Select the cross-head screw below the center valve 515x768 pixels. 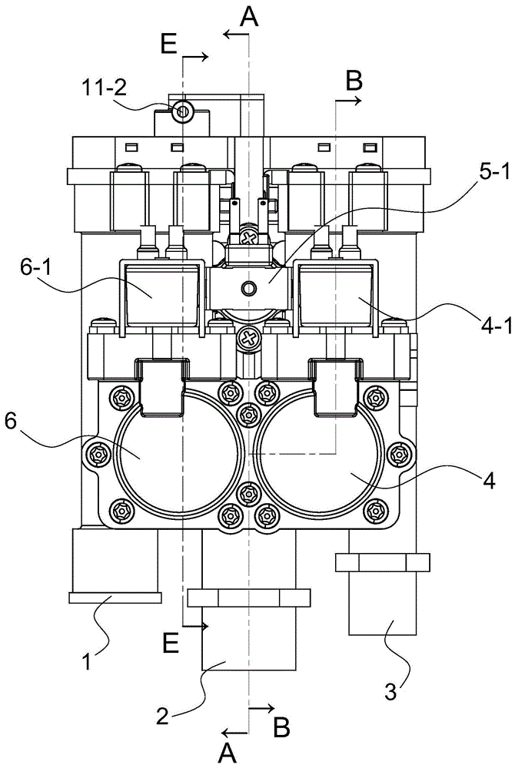tap(248, 337)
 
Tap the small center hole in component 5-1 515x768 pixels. tap(248, 289)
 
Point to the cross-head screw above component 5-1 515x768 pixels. tap(248, 239)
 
